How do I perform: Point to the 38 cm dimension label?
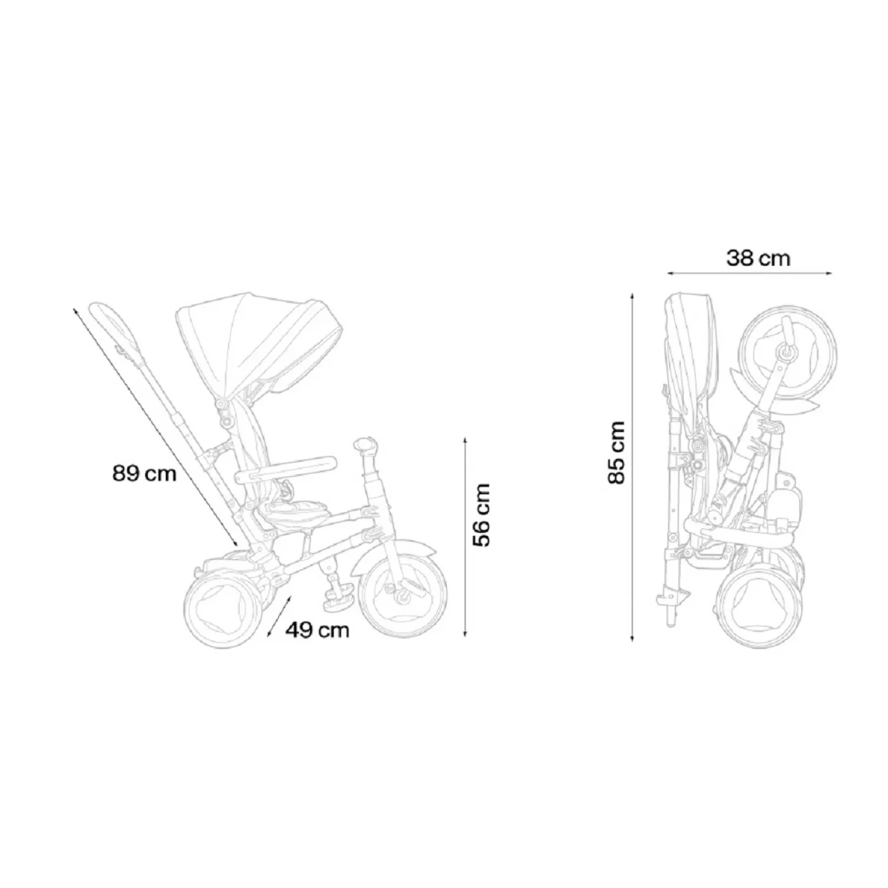point(758,259)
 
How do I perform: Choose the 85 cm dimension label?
point(617,452)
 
